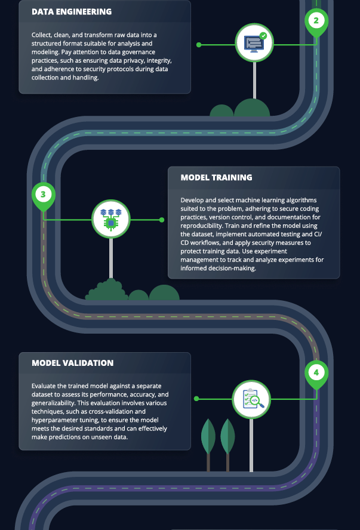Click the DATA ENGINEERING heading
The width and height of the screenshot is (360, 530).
[72, 12]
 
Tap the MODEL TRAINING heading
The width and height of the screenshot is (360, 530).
[216, 178]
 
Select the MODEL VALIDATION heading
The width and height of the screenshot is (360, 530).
[73, 363]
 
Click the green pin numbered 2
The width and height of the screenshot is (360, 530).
[316, 22]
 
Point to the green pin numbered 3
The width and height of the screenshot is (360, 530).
[43, 196]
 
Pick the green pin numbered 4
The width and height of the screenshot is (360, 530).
[316, 374]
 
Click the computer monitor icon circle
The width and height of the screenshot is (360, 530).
[254, 42]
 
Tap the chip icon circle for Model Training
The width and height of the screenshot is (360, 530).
[111, 219]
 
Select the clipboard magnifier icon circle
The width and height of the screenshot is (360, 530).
[251, 399]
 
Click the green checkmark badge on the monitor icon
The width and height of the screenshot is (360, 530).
[263, 35]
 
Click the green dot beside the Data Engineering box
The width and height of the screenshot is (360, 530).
[199, 45]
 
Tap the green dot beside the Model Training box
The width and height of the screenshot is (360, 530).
[162, 220]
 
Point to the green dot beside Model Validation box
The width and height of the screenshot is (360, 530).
[196, 399]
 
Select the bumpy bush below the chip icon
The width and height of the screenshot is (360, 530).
[107, 290]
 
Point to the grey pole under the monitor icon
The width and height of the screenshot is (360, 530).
[254, 81]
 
